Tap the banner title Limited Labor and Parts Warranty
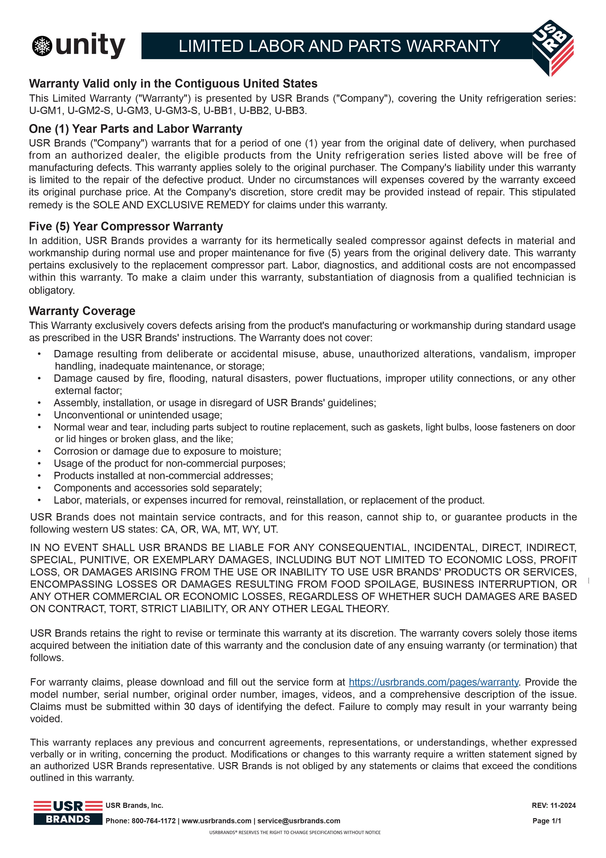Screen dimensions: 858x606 pyautogui.click(x=339, y=46)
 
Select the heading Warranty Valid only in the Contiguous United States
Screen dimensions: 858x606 pyautogui.click(x=173, y=83)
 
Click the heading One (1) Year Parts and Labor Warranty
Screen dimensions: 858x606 pyautogui.click(x=136, y=129)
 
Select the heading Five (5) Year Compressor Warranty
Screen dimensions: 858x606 pyautogui.click(x=126, y=226)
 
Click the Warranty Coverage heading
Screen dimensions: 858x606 pyautogui.click(x=82, y=311)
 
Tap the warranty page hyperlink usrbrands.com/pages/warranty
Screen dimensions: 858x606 pyautogui.click(x=433, y=682)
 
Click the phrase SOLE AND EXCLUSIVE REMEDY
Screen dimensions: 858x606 pyautogui.click(x=171, y=205)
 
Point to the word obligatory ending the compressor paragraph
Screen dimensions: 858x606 pyautogui.click(x=52, y=290)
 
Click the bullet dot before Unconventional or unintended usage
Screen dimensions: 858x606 pyautogui.click(x=39, y=415)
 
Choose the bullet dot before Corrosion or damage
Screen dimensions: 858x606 pyautogui.click(x=39, y=452)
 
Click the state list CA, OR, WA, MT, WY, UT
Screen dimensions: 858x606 pyautogui.click(x=219, y=530)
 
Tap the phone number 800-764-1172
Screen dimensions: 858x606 pyautogui.click(x=153, y=821)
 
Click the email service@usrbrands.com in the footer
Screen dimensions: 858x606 pyautogui.click(x=299, y=821)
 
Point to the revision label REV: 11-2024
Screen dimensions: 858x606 pyautogui.click(x=553, y=805)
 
